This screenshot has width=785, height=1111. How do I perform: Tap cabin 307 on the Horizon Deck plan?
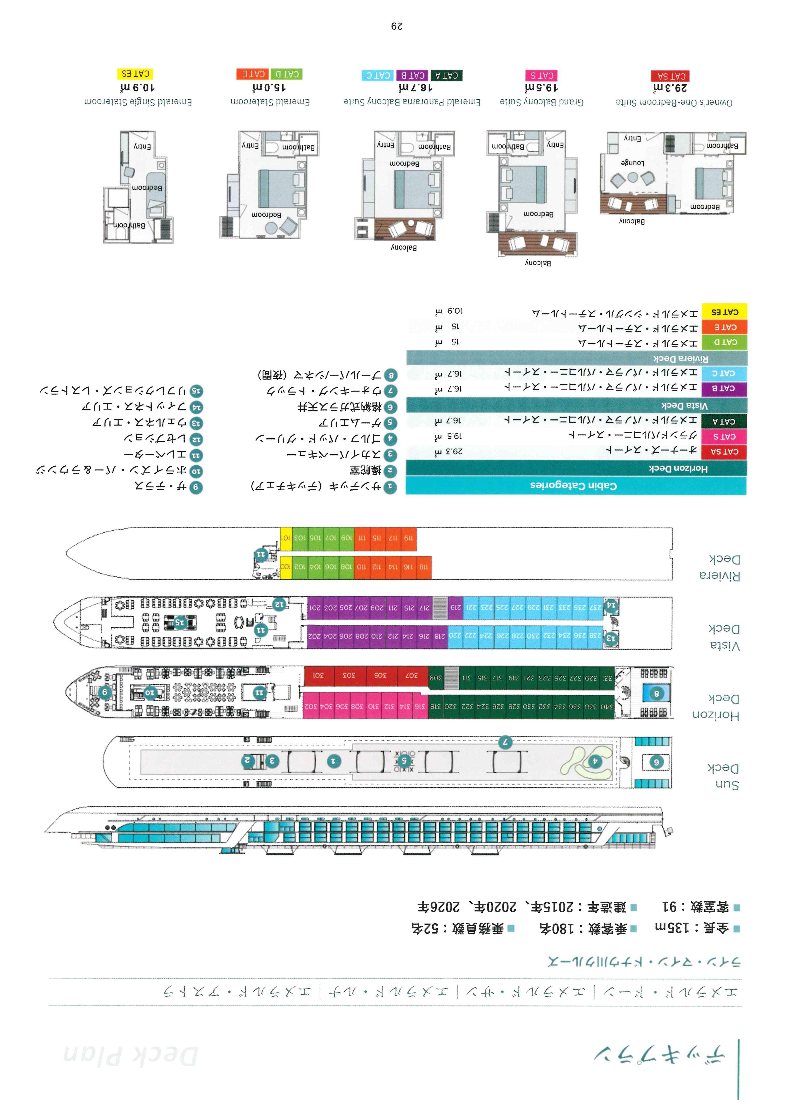tap(411, 675)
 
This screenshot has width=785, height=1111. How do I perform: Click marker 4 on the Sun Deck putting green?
tap(596, 761)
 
